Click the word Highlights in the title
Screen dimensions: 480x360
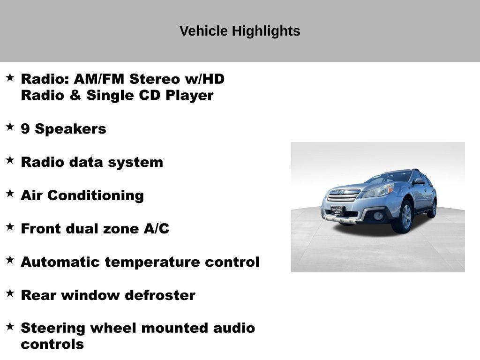266,31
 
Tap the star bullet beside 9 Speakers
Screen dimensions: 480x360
10,127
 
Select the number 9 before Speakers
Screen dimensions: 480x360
25,129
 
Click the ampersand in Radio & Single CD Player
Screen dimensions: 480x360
75,95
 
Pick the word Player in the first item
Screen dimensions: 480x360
189,96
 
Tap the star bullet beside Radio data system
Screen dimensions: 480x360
10,160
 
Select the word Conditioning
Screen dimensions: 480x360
96,195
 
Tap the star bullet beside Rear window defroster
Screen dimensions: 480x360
10,293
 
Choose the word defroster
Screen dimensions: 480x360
160,295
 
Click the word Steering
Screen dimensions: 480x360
53,329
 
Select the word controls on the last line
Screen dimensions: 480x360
52,345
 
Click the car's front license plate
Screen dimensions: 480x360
337,211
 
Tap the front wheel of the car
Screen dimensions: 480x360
405,217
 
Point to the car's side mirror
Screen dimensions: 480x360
418,181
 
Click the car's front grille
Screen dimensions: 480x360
344,195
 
